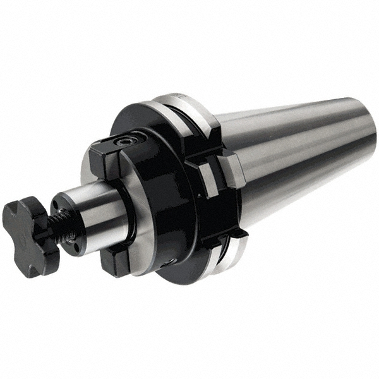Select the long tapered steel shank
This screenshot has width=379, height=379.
click(x=297, y=152)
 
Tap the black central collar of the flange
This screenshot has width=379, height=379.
click(x=158, y=189)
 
